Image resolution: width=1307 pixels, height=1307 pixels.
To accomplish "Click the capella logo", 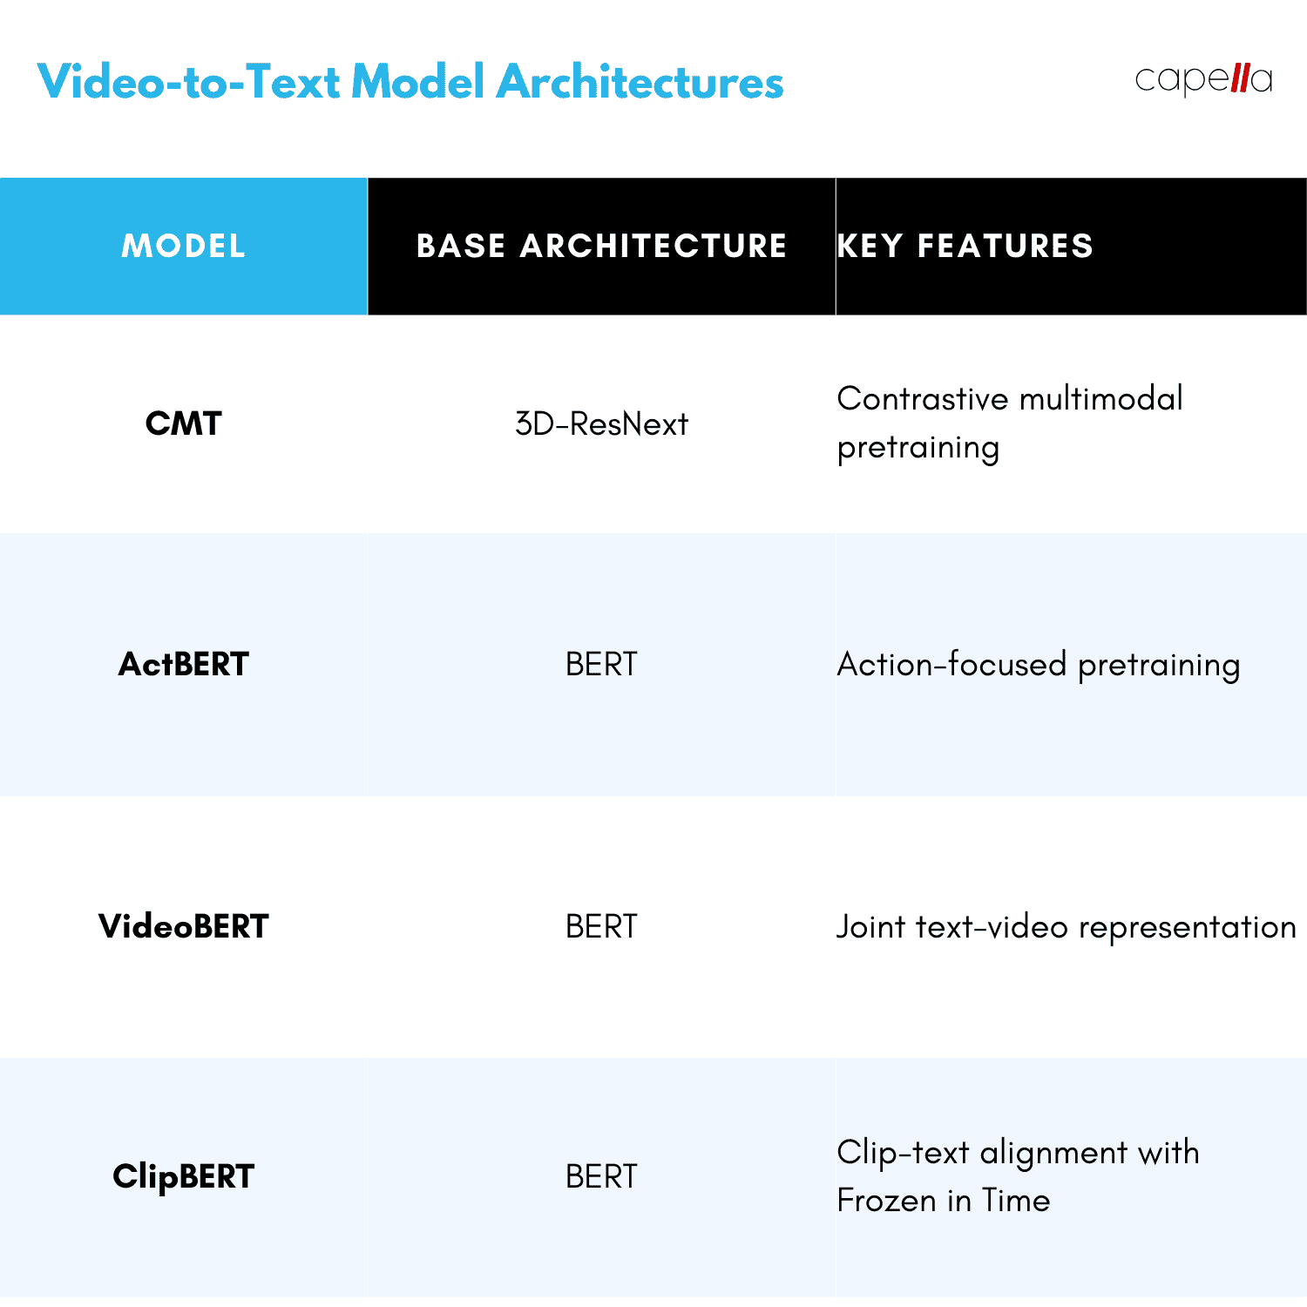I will [x=1203, y=79].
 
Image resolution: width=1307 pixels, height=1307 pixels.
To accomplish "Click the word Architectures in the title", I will [x=640, y=83].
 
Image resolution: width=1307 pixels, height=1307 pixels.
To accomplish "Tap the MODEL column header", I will [x=183, y=247].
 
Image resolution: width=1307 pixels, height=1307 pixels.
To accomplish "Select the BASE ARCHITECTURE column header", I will [x=601, y=247].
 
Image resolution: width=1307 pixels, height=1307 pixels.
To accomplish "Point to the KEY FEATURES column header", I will [x=965, y=247].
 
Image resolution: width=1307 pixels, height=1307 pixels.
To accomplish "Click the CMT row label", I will [x=183, y=423].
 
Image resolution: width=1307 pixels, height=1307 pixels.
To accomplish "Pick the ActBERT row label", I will [x=183, y=665].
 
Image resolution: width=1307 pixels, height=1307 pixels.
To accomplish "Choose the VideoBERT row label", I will [x=183, y=926].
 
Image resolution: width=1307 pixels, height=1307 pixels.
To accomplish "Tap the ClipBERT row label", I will [x=183, y=1176].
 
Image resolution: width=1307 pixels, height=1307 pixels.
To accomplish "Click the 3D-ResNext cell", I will [x=601, y=424].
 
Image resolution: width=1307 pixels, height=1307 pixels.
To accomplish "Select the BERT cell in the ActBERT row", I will [x=601, y=665].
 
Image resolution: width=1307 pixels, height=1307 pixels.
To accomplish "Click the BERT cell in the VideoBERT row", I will [x=601, y=926].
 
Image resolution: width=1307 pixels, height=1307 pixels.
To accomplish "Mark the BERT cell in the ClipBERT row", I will [x=601, y=1176].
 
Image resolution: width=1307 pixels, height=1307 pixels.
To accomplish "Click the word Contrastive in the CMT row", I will [x=922, y=399].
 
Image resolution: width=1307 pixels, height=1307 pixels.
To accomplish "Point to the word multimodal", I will [x=1100, y=399].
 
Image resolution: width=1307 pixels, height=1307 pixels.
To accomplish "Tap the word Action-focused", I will [x=951, y=665].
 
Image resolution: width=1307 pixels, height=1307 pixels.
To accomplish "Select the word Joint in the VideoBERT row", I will [x=870, y=926].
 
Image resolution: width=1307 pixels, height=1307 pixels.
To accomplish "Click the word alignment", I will [x=1053, y=1154].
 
